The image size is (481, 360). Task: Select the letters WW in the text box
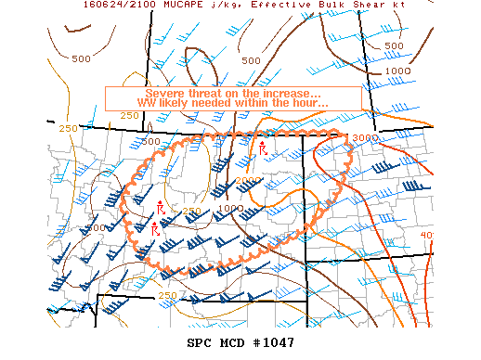[148, 104]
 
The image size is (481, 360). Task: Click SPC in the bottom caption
[203, 342]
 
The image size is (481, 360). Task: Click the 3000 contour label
[364, 137]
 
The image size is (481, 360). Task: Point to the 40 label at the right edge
[426, 236]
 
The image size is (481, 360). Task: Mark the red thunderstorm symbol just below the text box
[264, 148]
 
